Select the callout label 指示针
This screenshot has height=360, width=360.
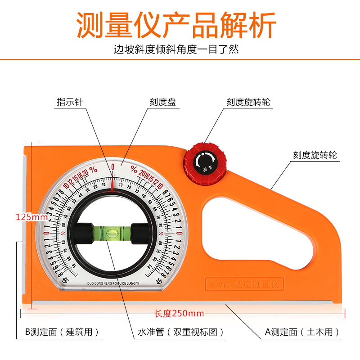click(70, 102)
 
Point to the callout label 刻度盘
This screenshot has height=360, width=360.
click(162, 102)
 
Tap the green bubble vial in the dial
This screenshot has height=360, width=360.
click(113, 233)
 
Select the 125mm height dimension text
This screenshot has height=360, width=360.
click(32, 217)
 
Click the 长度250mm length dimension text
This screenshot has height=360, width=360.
click(179, 313)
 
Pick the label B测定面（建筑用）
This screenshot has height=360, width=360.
click(62, 333)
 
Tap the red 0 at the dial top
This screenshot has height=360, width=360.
click(112, 167)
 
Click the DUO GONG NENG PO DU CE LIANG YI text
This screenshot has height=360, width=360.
click(113, 279)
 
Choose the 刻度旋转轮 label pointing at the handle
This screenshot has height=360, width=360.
click(315, 156)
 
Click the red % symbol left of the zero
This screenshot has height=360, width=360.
click(93, 170)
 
